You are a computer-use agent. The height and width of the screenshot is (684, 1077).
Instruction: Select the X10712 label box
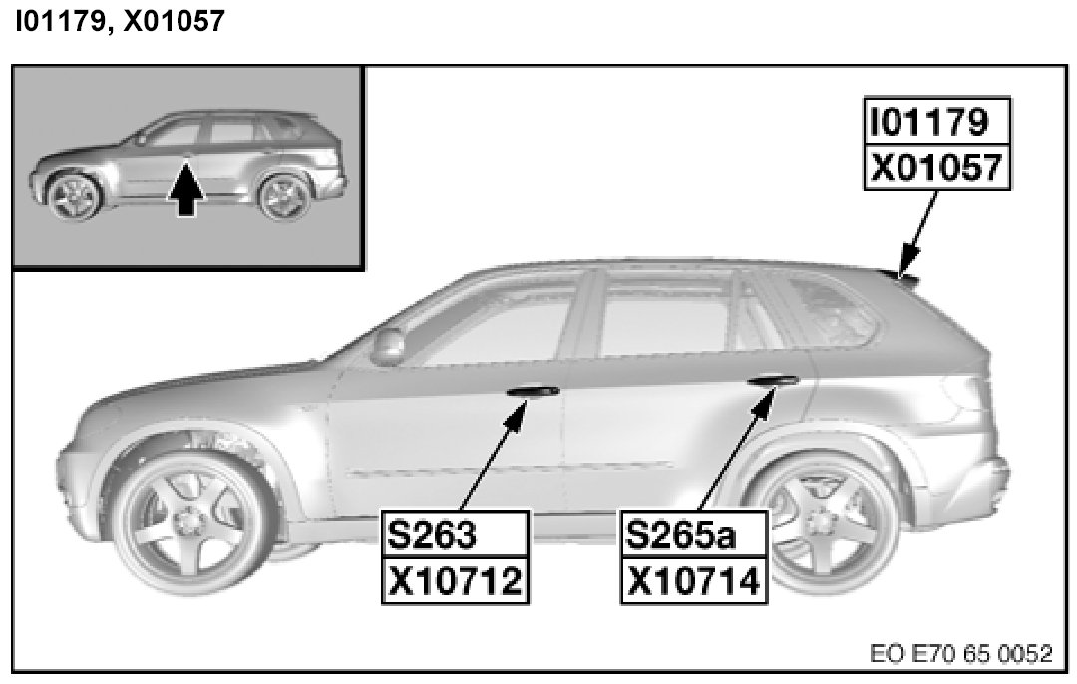[x=454, y=579]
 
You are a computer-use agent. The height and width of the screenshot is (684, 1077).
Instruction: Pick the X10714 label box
[x=694, y=579]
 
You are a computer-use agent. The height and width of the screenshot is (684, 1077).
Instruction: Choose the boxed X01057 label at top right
[x=934, y=168]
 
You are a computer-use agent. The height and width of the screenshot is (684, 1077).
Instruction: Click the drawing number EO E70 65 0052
[x=959, y=654]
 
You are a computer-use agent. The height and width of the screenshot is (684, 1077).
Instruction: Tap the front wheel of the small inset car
[x=73, y=196]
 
